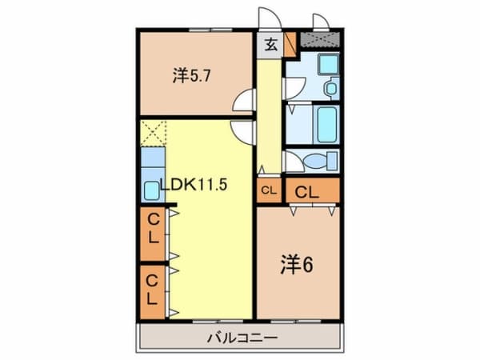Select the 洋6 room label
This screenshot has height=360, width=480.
click(x=296, y=262)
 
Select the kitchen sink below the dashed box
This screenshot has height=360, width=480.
click(x=152, y=190)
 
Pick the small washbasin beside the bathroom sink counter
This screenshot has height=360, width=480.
click(x=330, y=87)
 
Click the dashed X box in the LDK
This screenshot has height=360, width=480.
click(x=153, y=133)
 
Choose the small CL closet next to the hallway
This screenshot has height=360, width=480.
click(x=268, y=191)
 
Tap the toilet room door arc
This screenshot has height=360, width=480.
click(x=293, y=162)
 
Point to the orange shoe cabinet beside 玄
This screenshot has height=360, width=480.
click(x=290, y=42)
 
